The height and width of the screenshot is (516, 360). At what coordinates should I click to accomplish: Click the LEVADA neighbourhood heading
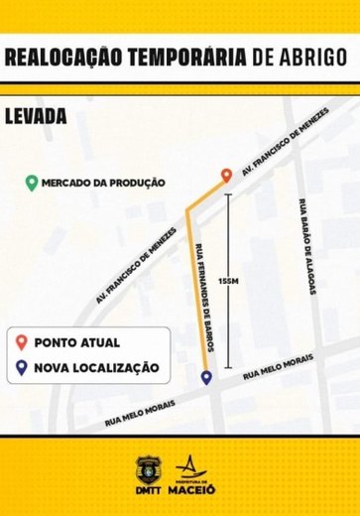[36, 115]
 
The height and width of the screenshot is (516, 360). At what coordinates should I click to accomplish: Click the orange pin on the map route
[226, 176]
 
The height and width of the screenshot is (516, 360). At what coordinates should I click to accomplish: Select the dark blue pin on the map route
[205, 377]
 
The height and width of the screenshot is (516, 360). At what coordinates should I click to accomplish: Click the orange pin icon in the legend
[21, 342]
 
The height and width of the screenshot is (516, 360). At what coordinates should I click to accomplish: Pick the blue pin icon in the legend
[21, 367]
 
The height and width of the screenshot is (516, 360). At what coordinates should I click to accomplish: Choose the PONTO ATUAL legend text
[77, 342]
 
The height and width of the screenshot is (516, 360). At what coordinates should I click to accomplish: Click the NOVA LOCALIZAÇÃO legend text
[96, 367]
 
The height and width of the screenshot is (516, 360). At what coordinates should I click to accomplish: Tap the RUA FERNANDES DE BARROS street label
[204, 299]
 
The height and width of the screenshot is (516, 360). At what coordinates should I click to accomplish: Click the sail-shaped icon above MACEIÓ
[187, 465]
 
